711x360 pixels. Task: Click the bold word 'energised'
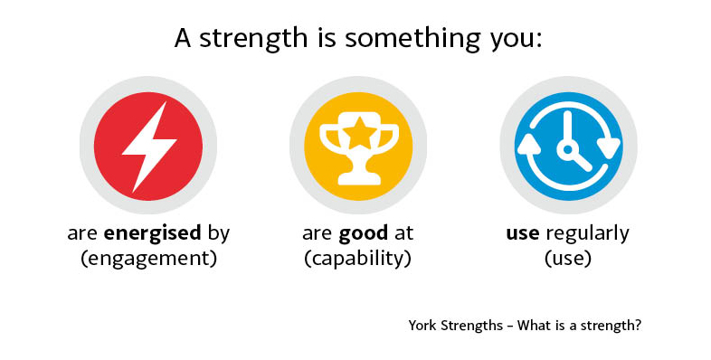152,233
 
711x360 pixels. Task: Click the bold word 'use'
523,233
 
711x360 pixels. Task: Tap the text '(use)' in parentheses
568,258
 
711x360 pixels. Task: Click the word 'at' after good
403,233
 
